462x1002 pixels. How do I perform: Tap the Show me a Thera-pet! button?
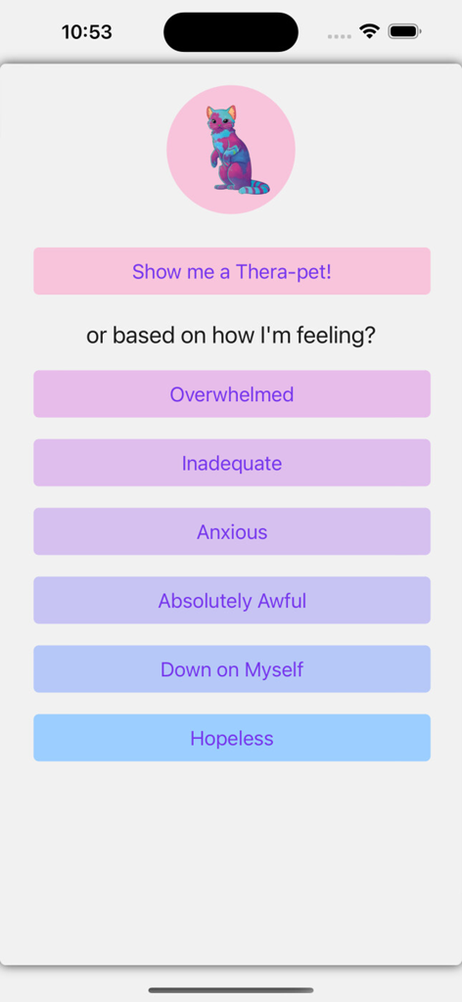[x=232, y=271]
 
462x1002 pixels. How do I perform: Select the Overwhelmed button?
[x=232, y=394]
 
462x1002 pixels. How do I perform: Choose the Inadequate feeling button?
[x=232, y=463]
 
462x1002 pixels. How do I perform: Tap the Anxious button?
[x=232, y=531]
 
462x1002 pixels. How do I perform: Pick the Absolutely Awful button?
[x=232, y=601]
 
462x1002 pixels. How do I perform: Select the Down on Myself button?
[x=232, y=669]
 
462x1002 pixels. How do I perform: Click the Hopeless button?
[x=232, y=738]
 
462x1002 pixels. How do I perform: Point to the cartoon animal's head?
[x=220, y=120]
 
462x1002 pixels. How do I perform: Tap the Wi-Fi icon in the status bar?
[x=369, y=31]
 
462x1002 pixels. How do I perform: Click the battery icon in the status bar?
[x=404, y=31]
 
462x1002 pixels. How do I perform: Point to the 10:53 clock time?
[x=86, y=31]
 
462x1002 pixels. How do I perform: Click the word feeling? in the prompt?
[x=339, y=336]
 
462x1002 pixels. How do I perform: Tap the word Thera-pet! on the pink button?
[x=284, y=271]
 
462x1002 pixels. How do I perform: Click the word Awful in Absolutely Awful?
[x=282, y=601]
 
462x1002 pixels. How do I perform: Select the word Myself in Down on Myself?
[x=273, y=669]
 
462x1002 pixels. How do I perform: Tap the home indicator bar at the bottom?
[x=231, y=989]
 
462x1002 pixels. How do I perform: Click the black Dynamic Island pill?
[x=231, y=32]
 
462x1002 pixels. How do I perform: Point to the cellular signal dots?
[x=340, y=35]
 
